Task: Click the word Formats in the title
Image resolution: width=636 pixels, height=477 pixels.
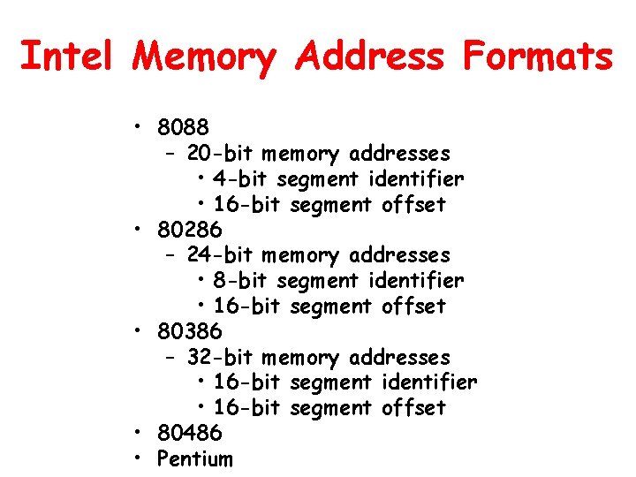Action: (537, 57)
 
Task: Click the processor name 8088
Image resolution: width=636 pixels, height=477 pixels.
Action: (183, 128)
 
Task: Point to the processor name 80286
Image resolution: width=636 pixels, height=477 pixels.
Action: (189, 231)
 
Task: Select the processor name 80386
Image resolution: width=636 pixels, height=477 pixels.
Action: (189, 332)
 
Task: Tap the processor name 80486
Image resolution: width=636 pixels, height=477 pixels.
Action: (189, 434)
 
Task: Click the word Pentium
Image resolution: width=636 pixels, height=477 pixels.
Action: (194, 459)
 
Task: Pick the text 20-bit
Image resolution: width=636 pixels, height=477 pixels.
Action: (220, 154)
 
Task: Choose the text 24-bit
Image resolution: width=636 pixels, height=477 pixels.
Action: (220, 255)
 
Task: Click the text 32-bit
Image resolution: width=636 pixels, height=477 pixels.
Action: (220, 358)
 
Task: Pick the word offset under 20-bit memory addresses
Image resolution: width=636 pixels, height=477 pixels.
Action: (413, 205)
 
